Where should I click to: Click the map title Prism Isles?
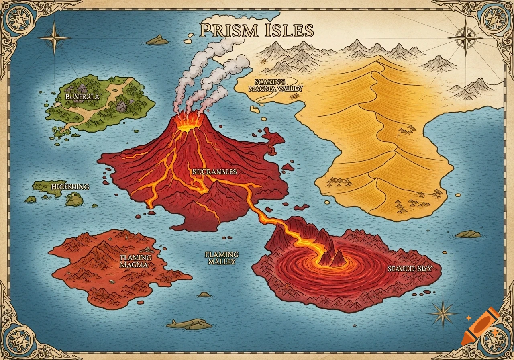pos(256,31)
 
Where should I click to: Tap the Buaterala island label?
pos(82,97)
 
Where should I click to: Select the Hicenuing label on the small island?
pos(70,187)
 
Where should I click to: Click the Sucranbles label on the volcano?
pos(214,172)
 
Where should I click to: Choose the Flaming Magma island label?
pos(135,261)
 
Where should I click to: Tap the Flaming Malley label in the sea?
pos(222,258)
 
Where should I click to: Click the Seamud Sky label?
pos(410,269)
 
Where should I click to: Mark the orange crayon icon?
pos(480,326)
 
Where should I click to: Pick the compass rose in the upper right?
pos(465,38)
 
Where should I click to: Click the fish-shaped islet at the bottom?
pos(189,324)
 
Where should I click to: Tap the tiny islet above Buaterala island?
pos(157,40)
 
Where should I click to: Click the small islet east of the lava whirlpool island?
pos(468,234)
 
